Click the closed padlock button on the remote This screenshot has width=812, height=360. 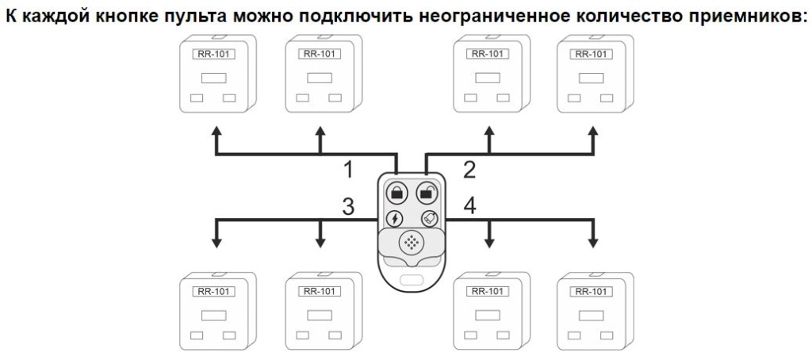tap(396, 192)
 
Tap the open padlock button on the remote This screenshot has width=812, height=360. tap(427, 192)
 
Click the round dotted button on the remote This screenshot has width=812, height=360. tap(412, 242)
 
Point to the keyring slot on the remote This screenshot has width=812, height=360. tap(412, 279)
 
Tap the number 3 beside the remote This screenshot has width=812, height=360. tap(348, 206)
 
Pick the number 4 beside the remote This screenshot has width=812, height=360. tap(470, 206)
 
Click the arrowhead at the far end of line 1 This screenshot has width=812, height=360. tap(216, 129)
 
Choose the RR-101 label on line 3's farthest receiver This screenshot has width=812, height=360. tap(213, 291)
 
